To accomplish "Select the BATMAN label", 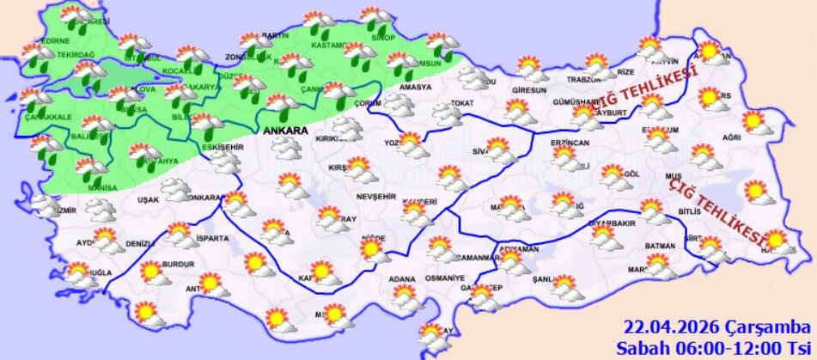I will tap(662, 247).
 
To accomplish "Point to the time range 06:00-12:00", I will tap(738, 347).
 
